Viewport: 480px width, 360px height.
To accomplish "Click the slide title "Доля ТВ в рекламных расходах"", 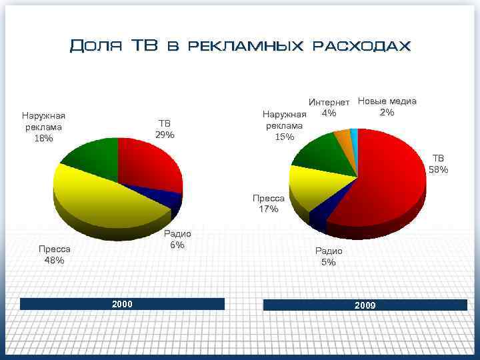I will pos(240,46).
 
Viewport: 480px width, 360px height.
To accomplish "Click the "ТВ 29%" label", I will pos(165,129).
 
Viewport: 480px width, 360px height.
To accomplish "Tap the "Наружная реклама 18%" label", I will pos(43,127).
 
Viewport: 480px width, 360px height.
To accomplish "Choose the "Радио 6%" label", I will pos(177,239).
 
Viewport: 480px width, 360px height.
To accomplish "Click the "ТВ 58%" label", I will pos(438,164).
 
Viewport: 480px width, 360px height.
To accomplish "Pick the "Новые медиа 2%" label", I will pos(387,107).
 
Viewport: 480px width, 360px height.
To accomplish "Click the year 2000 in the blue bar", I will pos(122,304).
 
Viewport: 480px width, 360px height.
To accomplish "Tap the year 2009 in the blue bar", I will pos(365,305).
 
